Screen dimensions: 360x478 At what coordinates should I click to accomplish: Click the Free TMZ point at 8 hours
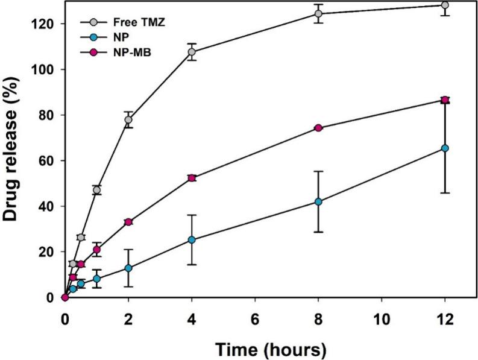point(318,13)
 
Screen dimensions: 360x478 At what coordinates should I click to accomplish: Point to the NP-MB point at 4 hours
point(192,178)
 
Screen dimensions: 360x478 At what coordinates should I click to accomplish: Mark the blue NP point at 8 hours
point(318,202)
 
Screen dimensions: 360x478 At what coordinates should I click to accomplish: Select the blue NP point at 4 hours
point(192,239)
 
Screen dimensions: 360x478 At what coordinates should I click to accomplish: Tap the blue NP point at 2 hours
point(128,268)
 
